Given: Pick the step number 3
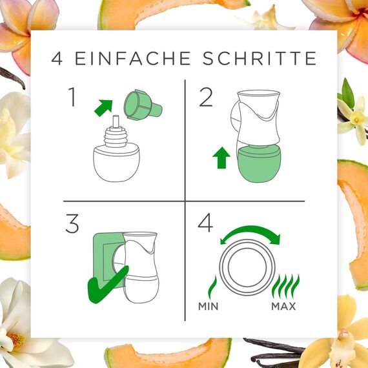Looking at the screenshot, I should pos(72,223).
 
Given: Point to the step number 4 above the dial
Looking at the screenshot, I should pos(205,223).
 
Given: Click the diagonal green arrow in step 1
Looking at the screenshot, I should pos(103,106).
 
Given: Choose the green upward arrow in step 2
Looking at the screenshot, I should pos(221,157).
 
